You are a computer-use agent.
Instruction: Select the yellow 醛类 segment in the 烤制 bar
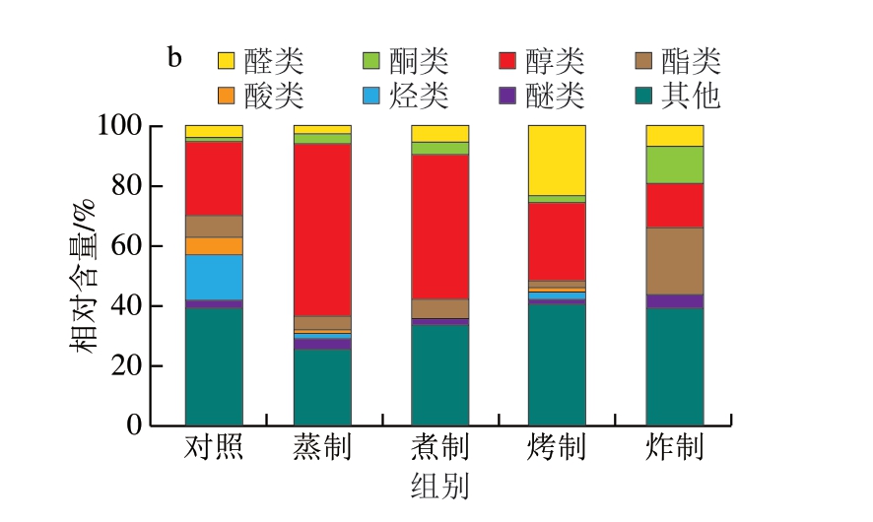[x=557, y=160]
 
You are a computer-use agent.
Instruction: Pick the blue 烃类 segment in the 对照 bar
[x=214, y=277]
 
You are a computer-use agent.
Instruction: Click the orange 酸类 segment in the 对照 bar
[x=214, y=245]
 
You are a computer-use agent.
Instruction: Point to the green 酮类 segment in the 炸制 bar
[x=674, y=164]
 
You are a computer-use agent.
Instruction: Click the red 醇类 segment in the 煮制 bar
[x=439, y=226]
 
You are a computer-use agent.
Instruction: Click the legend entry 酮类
[x=405, y=62]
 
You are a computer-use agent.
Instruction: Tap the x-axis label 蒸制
[x=322, y=449]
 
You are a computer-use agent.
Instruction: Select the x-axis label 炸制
[x=674, y=449]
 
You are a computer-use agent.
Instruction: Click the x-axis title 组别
[x=438, y=488]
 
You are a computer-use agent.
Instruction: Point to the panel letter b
[x=173, y=57]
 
